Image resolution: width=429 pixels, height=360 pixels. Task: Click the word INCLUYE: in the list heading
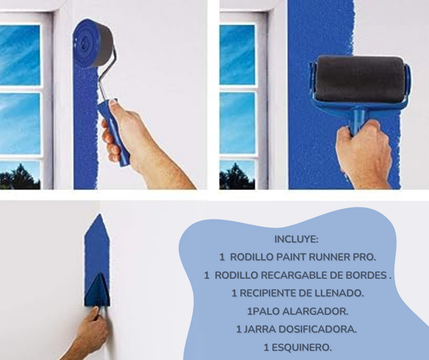pos(296,239)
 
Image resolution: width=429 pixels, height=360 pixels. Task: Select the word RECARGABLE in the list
pos(279,275)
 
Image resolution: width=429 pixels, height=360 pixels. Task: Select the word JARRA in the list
pos(257,329)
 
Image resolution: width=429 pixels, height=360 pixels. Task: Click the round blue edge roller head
pos(93,43)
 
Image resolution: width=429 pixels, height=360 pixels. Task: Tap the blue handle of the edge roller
pos(113,132)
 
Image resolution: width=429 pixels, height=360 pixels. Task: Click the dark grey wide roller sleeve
pos(361,79)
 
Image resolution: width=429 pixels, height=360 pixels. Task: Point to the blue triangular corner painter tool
pos(97,290)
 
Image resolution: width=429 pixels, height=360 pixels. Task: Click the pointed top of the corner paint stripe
pos(99,214)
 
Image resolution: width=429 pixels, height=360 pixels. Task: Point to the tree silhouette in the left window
pos(20,177)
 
